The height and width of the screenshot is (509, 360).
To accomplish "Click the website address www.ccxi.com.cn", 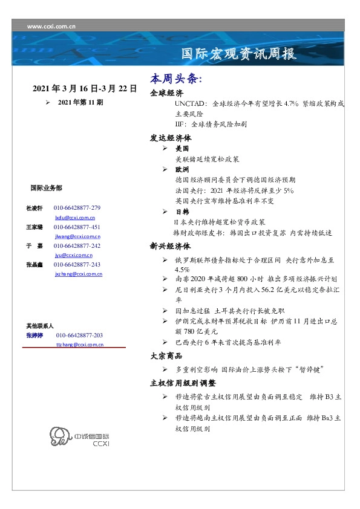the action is [51, 27].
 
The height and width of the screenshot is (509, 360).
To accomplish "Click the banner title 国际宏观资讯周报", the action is [240, 54].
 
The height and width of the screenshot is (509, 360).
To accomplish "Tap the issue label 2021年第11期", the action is [80, 103].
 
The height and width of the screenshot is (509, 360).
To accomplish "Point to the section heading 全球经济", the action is [166, 93].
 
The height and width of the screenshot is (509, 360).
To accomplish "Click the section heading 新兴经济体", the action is [171, 246].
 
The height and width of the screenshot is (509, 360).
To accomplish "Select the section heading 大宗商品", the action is [166, 356].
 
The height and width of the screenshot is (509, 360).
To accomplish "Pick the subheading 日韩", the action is [182, 212].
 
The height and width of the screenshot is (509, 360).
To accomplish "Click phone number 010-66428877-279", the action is [77, 208].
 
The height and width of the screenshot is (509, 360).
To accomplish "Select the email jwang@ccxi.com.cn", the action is [77, 236].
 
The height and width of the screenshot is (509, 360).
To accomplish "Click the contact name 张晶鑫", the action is [34, 265].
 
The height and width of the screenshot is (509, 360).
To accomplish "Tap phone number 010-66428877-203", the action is [79, 335].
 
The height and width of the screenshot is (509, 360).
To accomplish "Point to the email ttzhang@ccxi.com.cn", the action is [79, 344].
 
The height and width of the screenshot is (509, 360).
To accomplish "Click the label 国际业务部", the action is [46, 188].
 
